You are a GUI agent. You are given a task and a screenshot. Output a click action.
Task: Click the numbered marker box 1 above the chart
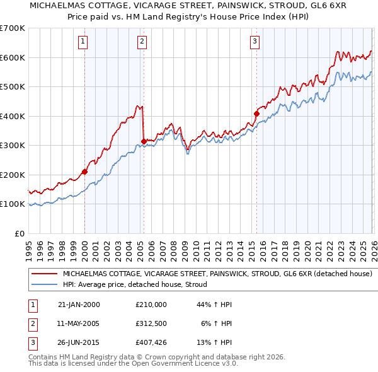[x=83, y=42]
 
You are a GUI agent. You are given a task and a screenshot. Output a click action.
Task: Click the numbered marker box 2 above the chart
[x=142, y=42]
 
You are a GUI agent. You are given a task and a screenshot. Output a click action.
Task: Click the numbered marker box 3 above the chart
[x=255, y=42]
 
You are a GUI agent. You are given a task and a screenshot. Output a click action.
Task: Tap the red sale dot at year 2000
[x=84, y=171]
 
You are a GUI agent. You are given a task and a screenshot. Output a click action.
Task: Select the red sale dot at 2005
[x=144, y=141]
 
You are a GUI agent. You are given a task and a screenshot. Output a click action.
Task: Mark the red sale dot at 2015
[x=256, y=113]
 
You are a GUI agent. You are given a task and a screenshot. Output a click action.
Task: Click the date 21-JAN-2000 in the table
[x=78, y=305]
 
